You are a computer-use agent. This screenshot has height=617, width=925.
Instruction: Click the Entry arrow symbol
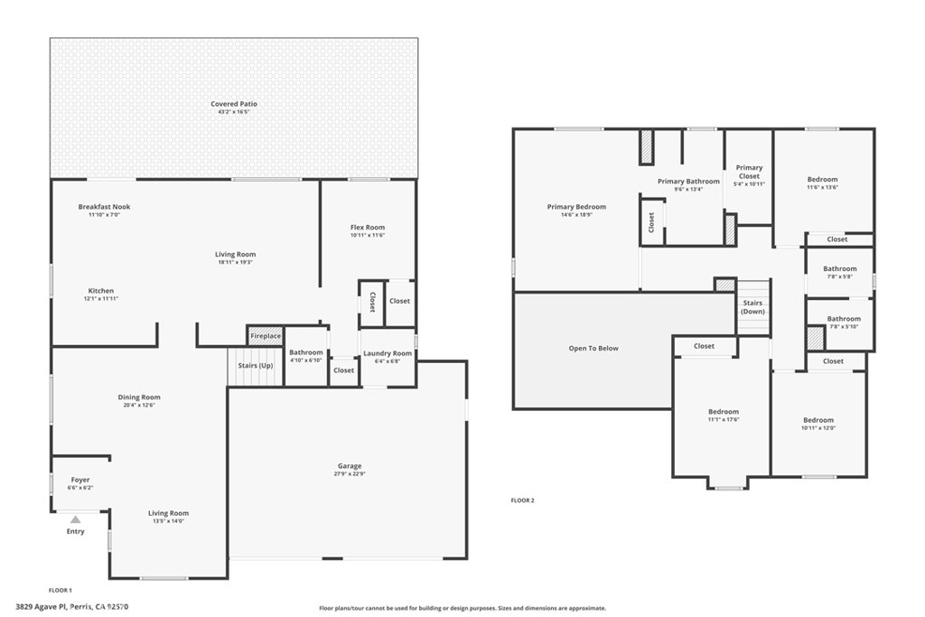point(76,519)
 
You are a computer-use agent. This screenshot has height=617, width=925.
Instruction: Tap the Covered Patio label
point(234,104)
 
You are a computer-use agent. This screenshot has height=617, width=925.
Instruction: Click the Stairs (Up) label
point(255,366)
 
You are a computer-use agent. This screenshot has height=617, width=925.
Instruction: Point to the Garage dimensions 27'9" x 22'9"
point(350,473)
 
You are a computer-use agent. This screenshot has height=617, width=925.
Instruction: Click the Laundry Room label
point(387,353)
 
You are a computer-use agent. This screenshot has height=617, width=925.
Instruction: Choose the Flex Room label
point(368,228)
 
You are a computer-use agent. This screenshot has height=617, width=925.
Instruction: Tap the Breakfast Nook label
point(104,207)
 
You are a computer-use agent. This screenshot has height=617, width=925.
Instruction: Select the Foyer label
point(80,480)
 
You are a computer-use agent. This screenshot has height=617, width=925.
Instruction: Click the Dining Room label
point(139,397)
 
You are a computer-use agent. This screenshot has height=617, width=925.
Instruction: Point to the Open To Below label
point(593,348)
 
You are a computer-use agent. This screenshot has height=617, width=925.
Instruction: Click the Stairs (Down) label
point(752,307)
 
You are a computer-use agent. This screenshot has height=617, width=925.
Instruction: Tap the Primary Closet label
point(749,172)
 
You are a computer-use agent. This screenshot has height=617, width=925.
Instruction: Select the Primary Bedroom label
point(576,207)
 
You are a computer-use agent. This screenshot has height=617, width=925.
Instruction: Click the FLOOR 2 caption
point(522,500)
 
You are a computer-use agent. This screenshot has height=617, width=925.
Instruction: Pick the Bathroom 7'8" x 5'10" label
point(844,319)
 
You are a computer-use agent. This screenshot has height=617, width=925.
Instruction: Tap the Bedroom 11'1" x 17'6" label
point(723,412)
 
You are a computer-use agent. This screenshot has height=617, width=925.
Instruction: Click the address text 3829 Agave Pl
point(45,607)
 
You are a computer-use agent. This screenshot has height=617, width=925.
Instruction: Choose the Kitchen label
point(101,291)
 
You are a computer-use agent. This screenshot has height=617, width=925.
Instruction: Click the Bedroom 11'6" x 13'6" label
point(822,180)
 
